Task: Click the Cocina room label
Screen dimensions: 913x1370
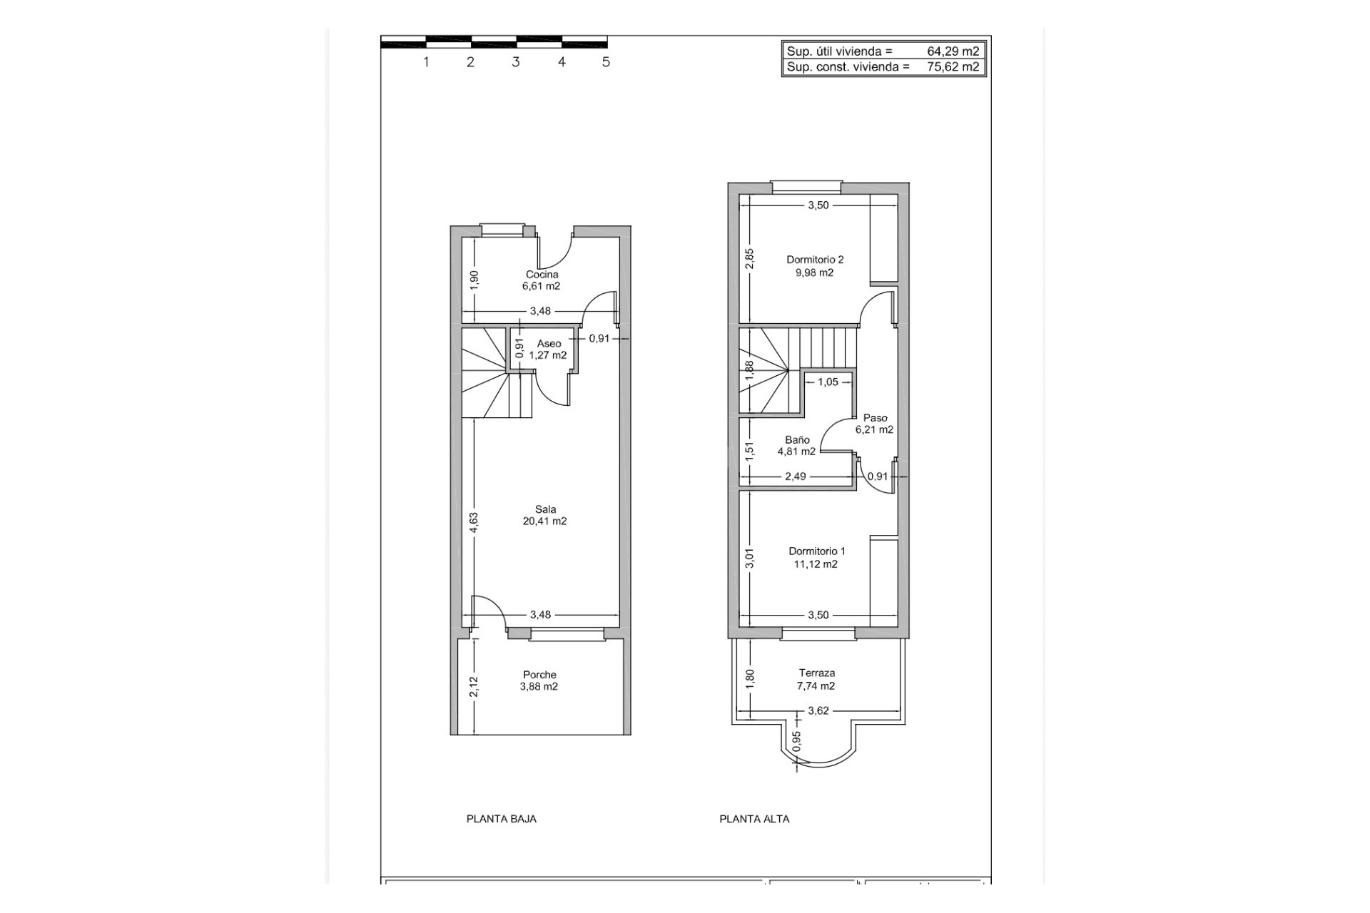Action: pos(542,275)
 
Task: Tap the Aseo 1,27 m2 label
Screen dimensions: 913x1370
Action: pos(548,350)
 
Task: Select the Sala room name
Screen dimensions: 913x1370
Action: pos(545,509)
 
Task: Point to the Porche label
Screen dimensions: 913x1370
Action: pos(539,675)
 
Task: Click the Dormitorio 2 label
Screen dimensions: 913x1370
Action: pos(815,260)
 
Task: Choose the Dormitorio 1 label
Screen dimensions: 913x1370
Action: pos(816,551)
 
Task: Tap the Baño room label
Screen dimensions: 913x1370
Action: pos(797,440)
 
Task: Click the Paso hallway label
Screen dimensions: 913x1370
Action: pos(875,418)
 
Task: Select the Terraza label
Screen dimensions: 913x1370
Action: pos(816,673)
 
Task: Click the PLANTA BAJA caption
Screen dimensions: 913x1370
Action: pos(501,819)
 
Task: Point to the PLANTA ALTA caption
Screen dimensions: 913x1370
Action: pos(754,819)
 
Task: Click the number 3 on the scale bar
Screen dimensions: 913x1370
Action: pos(515,62)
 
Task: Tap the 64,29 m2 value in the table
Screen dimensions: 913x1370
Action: pos(953,51)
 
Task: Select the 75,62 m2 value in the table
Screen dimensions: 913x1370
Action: pos(953,67)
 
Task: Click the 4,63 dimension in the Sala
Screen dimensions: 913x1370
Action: pos(474,523)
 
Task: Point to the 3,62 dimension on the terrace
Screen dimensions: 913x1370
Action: pos(818,710)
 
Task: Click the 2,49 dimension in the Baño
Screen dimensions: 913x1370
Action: pos(795,476)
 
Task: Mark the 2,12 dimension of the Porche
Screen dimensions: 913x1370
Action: pos(474,687)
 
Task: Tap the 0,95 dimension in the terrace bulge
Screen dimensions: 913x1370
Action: pos(797,742)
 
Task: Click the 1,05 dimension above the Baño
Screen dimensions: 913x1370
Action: pos(828,382)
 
